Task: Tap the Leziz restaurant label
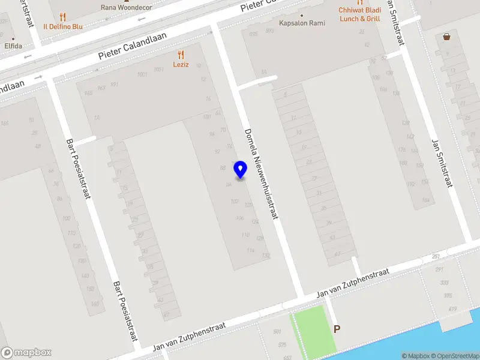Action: click(181, 64)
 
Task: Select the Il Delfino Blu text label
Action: click(62, 26)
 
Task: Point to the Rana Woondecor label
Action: click(127, 8)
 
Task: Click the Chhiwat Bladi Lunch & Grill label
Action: click(359, 14)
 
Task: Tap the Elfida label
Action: click(13, 46)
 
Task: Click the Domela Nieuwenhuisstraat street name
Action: click(262, 173)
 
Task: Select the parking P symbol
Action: click(337, 329)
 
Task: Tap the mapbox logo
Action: click(26, 353)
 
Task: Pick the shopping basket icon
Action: click(446, 37)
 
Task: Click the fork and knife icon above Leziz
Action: click(181, 55)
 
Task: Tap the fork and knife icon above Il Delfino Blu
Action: click(63, 17)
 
